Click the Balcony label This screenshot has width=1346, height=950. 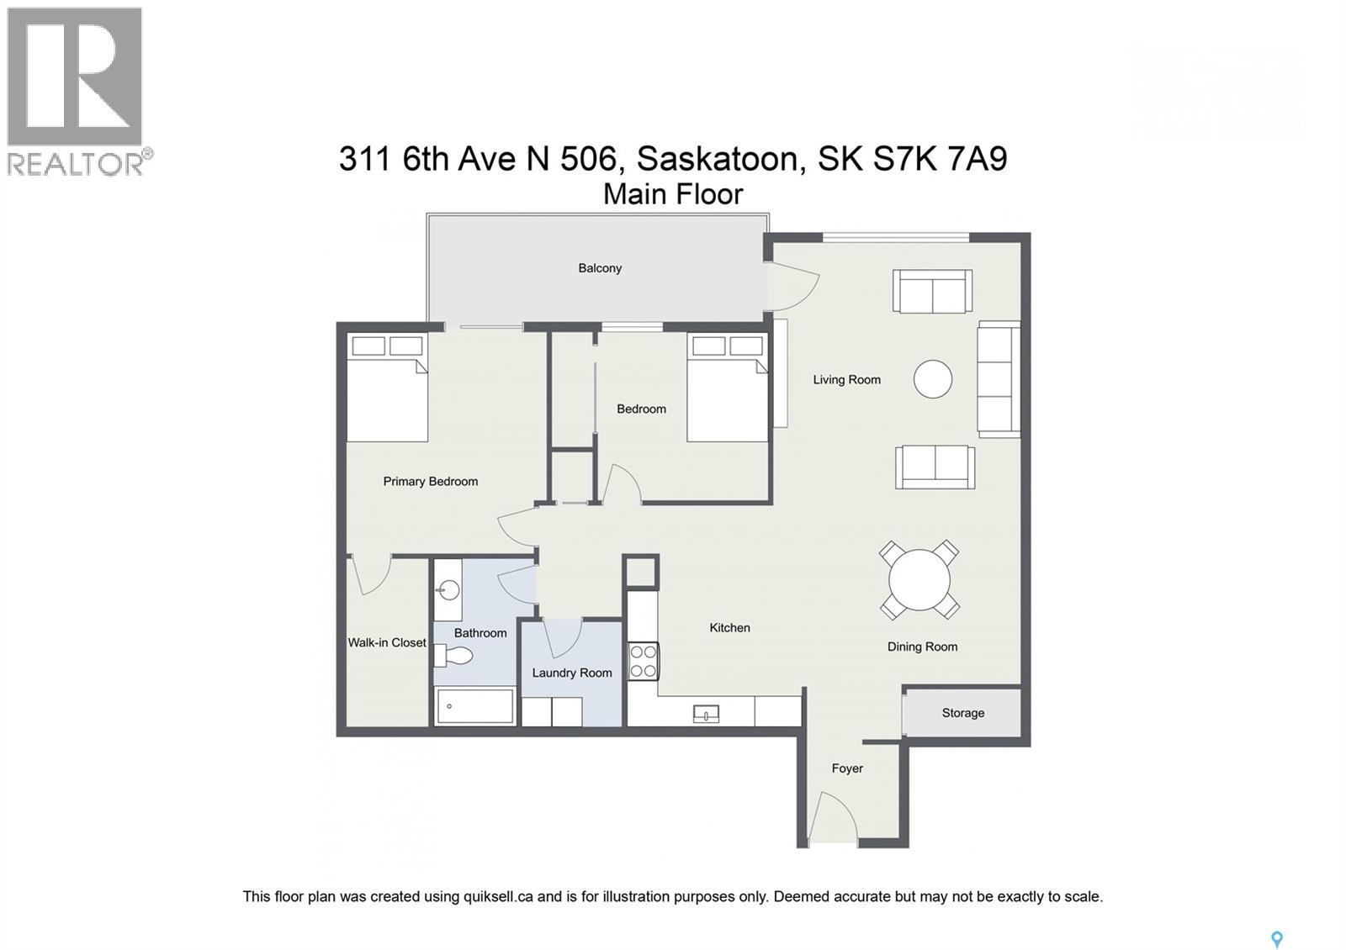point(600,268)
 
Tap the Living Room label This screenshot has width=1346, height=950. point(846,380)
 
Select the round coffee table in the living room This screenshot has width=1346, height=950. point(933,379)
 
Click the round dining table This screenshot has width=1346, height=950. point(919,580)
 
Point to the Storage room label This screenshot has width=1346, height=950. point(962,713)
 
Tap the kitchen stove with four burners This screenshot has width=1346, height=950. point(644,661)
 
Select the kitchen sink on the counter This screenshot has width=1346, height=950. point(706,715)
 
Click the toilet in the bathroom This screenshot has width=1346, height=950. point(455,657)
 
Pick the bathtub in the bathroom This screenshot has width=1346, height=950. point(474,707)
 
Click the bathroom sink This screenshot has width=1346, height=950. point(447,591)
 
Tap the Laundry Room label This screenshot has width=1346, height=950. point(572,673)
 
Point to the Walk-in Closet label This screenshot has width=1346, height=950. point(387,642)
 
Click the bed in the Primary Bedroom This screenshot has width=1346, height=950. point(388,388)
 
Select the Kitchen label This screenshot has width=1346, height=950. point(729,628)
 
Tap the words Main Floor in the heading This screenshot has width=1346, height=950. point(673,194)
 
